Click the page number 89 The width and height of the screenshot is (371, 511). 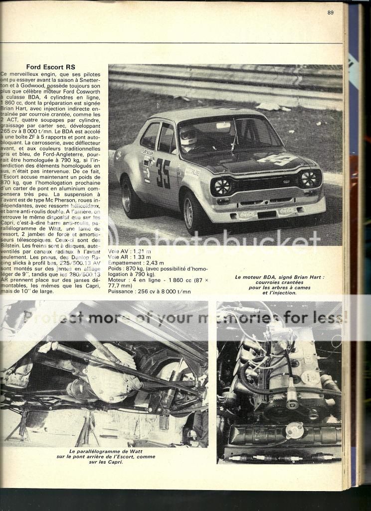pos(330,13)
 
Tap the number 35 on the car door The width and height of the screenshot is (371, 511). pos(163,173)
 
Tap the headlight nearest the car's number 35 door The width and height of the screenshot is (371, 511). pos(221,187)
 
